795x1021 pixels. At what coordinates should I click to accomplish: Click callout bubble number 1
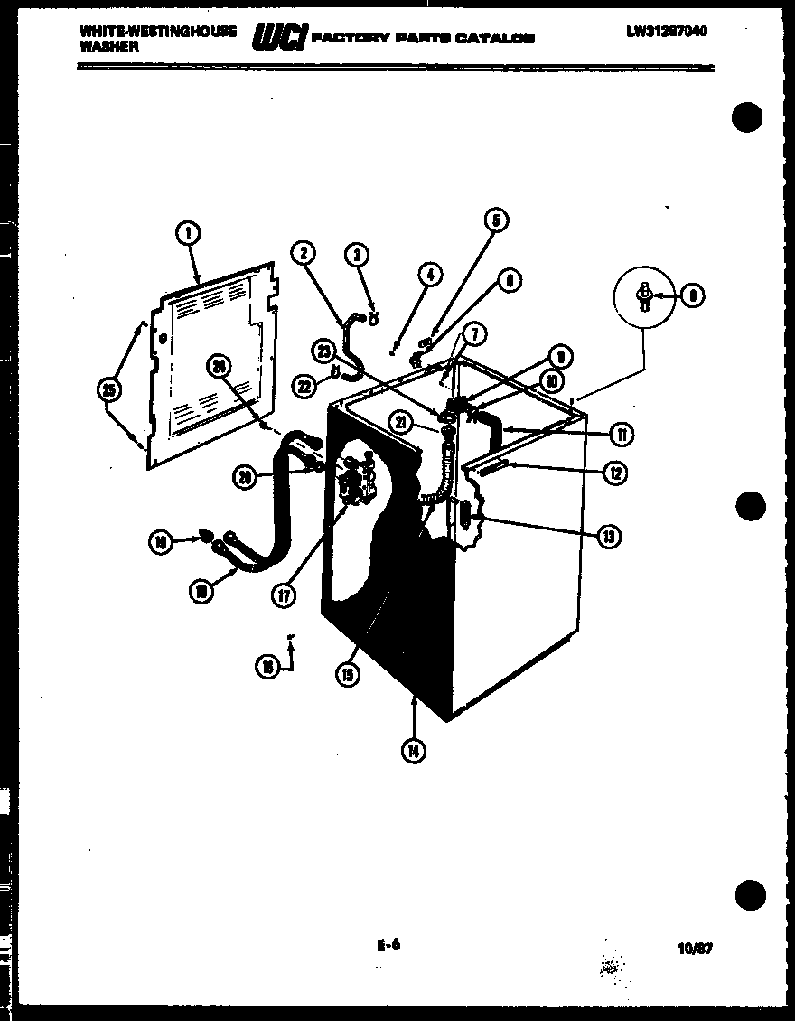pyautogui.click(x=188, y=233)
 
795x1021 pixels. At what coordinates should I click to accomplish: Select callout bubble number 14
pyautogui.click(x=413, y=749)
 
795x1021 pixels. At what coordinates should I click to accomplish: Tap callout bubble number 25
pyautogui.click(x=110, y=389)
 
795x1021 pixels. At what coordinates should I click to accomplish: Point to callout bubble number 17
pyautogui.click(x=285, y=595)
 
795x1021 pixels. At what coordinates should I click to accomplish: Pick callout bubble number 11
pyautogui.click(x=621, y=435)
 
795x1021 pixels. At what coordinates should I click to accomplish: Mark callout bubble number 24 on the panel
pyautogui.click(x=218, y=365)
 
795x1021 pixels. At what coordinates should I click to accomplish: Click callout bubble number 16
pyautogui.click(x=267, y=667)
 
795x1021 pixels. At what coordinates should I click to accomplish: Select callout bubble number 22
pyautogui.click(x=304, y=386)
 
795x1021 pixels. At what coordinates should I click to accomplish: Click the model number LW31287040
pyautogui.click(x=667, y=32)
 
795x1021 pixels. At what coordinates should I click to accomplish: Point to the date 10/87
pyautogui.click(x=694, y=949)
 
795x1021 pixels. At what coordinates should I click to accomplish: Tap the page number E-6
pyautogui.click(x=388, y=945)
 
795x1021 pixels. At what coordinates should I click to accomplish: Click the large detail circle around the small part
pyautogui.click(x=643, y=296)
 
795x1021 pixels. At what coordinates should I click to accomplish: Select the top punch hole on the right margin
pyautogui.click(x=747, y=118)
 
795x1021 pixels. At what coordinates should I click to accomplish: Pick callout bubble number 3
pyautogui.click(x=358, y=256)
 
